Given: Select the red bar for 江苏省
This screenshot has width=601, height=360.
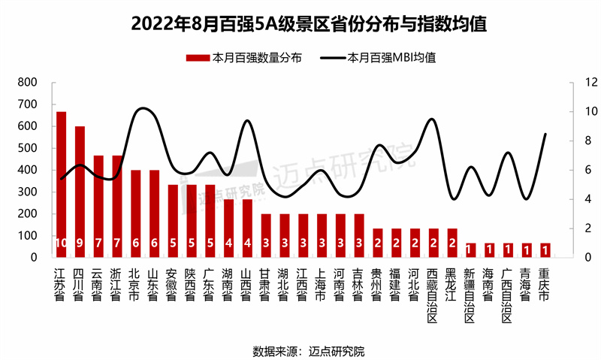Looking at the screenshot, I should coord(61,184).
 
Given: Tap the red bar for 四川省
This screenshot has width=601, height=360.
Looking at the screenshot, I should coord(80,192).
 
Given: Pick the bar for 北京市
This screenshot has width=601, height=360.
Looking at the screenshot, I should coord(136,213).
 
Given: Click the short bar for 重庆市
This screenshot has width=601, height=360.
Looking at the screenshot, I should coord(545,250).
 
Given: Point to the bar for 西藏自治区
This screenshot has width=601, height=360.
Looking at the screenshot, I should coord(433,243).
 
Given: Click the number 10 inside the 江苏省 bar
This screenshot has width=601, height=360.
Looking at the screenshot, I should coord(61,243).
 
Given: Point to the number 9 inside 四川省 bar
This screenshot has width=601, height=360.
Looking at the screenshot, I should coord(80,243).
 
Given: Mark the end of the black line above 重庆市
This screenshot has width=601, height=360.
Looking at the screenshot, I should coord(545,134).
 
